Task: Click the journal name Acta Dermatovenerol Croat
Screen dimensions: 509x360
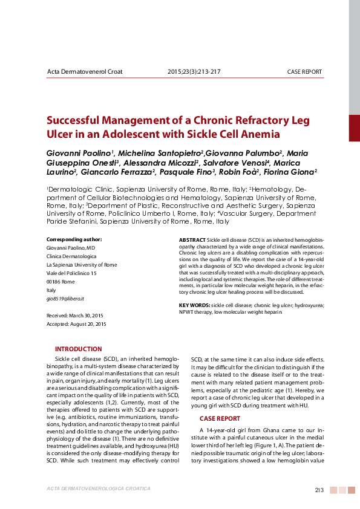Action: coord(85,71)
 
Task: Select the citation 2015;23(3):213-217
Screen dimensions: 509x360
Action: coord(194,71)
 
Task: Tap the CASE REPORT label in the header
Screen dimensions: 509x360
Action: coord(304,72)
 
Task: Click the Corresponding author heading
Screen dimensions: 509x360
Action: coord(74,239)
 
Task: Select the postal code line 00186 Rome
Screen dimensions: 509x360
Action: coord(61,282)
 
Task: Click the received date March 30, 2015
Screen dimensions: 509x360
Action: coord(87,316)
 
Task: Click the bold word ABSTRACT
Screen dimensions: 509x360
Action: coord(192,240)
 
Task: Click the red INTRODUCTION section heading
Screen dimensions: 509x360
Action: coord(79,349)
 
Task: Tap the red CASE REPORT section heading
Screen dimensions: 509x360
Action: coord(220,418)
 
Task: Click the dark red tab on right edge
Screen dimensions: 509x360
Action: coord(354,128)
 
